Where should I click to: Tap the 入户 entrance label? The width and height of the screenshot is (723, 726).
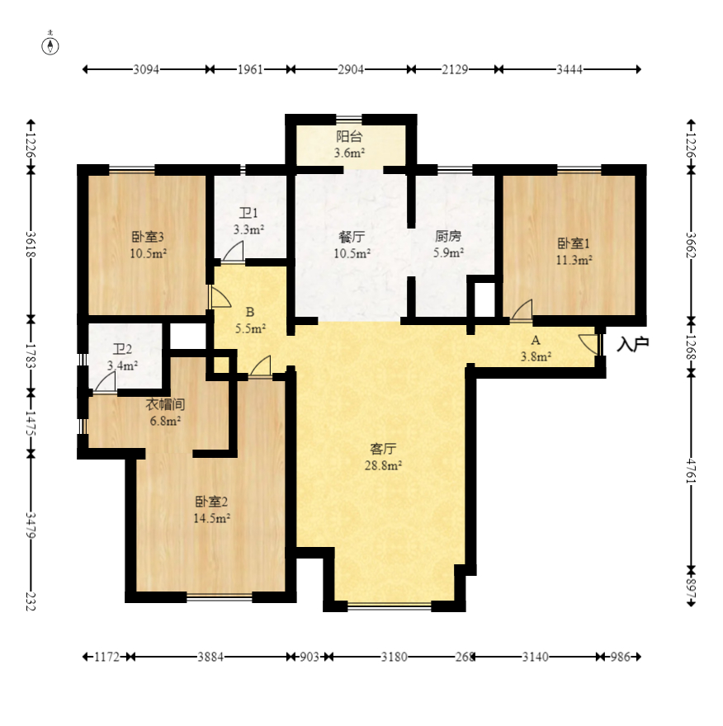point(633,344)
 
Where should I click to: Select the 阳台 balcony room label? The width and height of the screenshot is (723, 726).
point(349,137)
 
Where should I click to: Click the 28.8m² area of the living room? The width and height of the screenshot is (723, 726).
point(383,465)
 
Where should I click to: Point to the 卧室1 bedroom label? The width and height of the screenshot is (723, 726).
point(574,243)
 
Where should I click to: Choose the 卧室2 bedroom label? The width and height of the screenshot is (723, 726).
point(211,502)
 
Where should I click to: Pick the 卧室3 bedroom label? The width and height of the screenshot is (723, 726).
point(148,237)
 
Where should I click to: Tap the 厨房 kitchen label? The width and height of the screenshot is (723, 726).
point(448,237)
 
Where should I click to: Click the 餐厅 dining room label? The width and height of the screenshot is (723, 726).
point(352,237)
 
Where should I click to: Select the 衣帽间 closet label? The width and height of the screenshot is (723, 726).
point(165,404)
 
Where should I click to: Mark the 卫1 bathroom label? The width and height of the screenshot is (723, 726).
point(248,213)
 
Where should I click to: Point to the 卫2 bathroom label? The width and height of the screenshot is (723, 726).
point(122,349)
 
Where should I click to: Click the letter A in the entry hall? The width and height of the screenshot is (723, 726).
point(536,340)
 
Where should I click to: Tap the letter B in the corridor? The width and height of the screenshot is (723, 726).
point(249,312)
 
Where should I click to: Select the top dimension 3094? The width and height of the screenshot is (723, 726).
point(146,69)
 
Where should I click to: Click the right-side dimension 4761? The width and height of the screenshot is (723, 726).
point(691,470)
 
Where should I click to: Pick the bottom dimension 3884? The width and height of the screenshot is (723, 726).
point(210,657)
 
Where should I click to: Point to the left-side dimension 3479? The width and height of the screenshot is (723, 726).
point(31,525)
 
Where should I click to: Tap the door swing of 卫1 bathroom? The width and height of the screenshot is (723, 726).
point(233,252)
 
